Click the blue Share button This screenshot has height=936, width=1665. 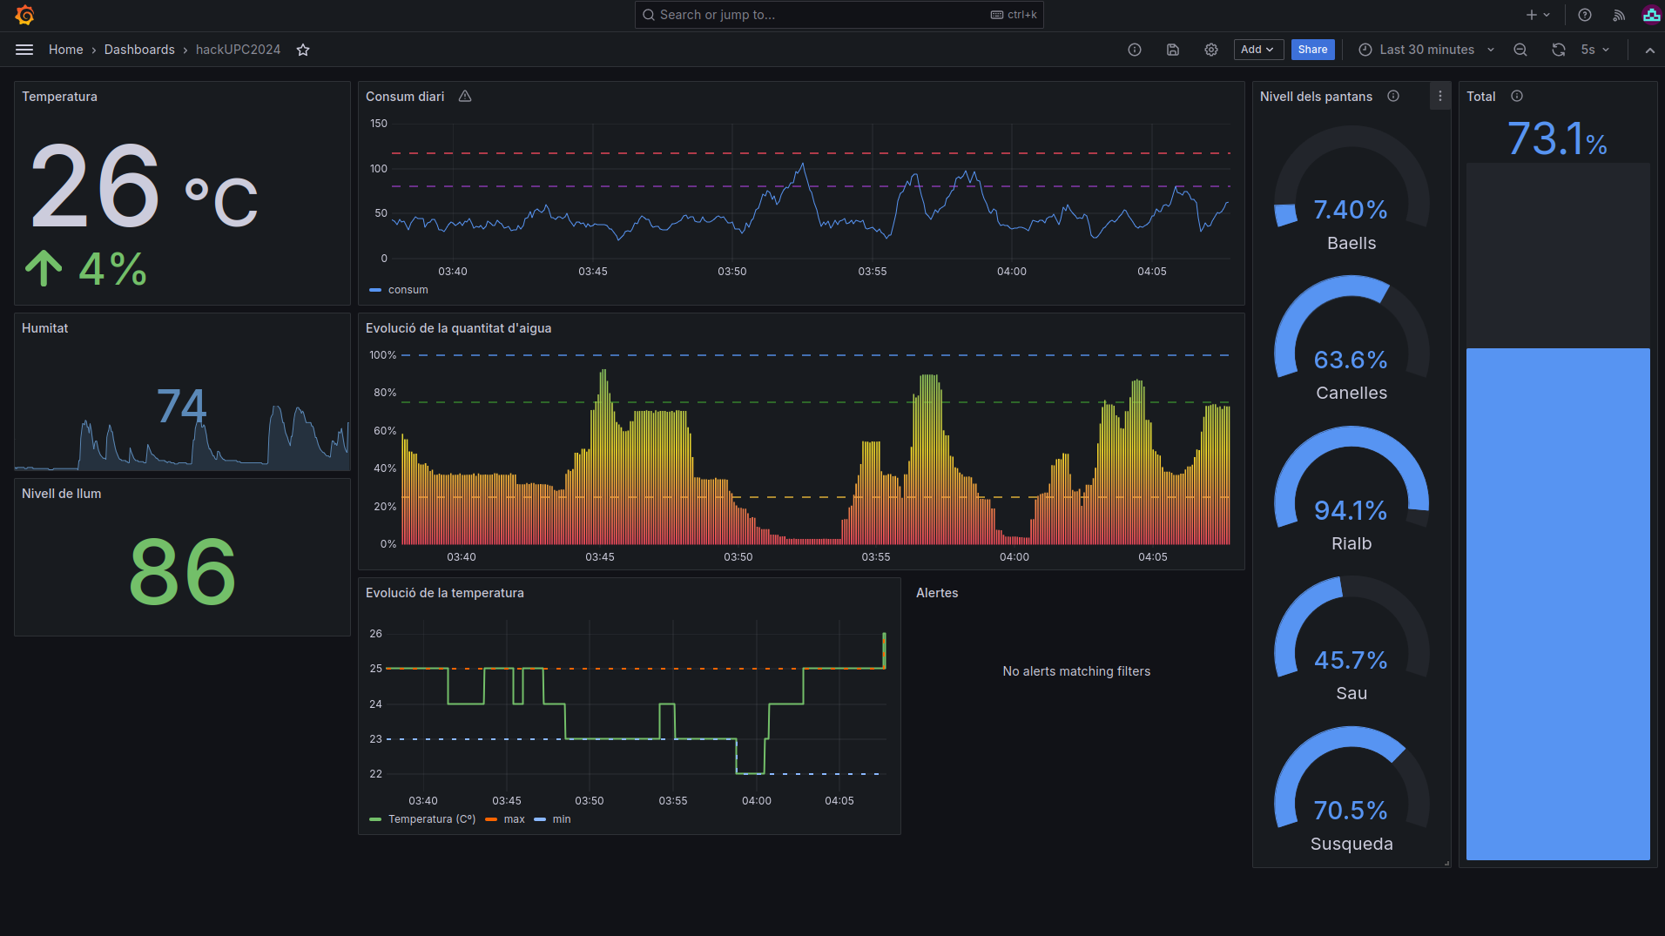click(1312, 50)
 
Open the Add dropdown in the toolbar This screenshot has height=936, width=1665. click(1257, 50)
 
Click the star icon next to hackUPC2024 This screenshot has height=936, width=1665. click(303, 50)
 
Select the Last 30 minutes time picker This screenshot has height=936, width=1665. click(1426, 50)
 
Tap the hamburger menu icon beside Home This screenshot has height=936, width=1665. click(24, 50)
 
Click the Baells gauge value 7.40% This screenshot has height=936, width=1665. click(1350, 210)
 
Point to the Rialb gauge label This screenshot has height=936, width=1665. click(1351, 543)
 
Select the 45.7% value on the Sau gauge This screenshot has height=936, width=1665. click(1350, 660)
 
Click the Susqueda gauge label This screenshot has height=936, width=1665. click(1351, 844)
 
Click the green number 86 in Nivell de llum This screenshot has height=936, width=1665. click(182, 572)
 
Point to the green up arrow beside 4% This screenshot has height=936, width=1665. click(44, 268)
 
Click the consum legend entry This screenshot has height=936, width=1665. click(408, 290)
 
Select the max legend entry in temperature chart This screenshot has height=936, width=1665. click(514, 819)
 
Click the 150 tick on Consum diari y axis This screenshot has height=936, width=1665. click(379, 124)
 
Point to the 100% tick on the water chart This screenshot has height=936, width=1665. click(382, 355)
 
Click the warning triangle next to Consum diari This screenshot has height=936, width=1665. click(465, 97)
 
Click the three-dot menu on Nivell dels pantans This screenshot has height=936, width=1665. click(1439, 97)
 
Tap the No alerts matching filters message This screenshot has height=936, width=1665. click(1075, 671)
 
